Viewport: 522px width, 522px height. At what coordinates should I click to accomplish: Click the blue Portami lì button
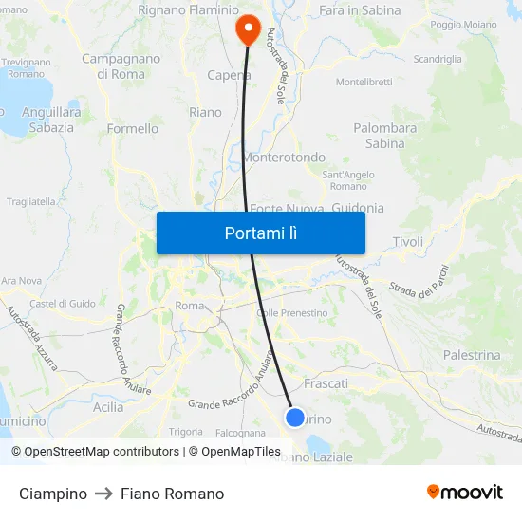pos(260,233)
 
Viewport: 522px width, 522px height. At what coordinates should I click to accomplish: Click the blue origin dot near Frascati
pos(295,417)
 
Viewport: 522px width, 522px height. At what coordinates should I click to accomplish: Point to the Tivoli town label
pos(408,242)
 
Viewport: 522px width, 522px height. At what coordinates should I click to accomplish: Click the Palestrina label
pos(472,355)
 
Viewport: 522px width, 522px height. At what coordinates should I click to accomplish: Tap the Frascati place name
pos(326,383)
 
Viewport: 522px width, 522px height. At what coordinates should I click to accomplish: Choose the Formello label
pos(133,129)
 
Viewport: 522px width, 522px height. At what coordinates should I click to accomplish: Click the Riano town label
pos(205,112)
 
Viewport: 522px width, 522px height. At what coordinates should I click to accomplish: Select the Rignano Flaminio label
pos(189,9)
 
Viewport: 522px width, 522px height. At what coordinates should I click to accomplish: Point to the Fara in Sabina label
pos(360,9)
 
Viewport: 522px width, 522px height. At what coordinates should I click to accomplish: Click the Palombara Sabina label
pos(385,136)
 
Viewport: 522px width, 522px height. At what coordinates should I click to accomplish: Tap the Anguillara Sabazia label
pos(47,119)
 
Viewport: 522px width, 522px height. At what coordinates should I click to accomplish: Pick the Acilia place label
pos(108,406)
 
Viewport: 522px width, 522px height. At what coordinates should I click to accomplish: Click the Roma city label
pos(190,306)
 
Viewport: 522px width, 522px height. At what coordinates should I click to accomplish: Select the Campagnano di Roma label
pos(121,65)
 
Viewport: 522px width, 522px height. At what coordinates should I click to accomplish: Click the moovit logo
pos(464,492)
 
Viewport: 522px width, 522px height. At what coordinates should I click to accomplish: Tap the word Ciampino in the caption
pos(53,494)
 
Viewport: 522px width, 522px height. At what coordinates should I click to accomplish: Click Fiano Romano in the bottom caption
pos(172,494)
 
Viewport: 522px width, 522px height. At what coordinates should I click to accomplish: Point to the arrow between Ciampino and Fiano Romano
pos(103,494)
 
